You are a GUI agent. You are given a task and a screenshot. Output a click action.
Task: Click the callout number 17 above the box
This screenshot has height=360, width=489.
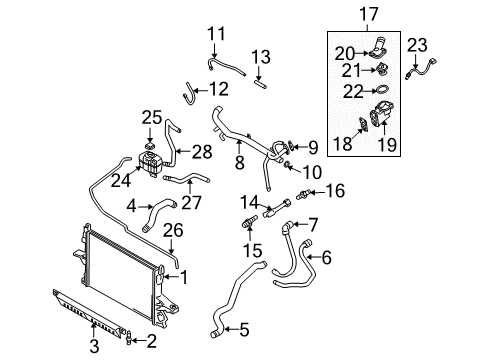coord(369,14)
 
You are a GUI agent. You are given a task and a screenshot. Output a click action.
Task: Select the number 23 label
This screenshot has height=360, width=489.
coord(417,45)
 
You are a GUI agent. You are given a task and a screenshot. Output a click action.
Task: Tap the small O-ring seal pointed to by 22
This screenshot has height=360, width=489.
coord(382,90)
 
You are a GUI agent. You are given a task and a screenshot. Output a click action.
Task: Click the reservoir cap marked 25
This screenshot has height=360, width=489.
coord(150,146)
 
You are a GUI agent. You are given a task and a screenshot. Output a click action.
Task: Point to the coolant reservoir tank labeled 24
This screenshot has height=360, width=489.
coord(150,162)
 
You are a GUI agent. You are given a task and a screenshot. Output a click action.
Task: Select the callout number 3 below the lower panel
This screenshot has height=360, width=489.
coord(94,346)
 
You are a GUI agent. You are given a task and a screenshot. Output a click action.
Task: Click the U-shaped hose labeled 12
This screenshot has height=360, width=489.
coord(189,93)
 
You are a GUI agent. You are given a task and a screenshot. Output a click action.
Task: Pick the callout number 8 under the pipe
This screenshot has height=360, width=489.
coord(240,162)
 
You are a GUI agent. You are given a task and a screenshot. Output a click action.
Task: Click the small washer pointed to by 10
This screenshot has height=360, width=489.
coord(287,164)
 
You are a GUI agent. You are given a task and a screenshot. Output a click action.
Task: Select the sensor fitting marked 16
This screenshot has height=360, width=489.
coord(303,194)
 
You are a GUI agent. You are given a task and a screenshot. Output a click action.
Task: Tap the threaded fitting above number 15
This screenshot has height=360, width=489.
coord(249,222)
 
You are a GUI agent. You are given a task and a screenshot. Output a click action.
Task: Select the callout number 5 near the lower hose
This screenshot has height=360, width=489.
coord(244,329)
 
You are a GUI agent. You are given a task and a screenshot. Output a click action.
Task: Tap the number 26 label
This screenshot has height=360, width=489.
coord(173,230)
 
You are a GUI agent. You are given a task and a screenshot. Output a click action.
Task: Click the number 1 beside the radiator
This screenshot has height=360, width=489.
coord(184,277)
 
